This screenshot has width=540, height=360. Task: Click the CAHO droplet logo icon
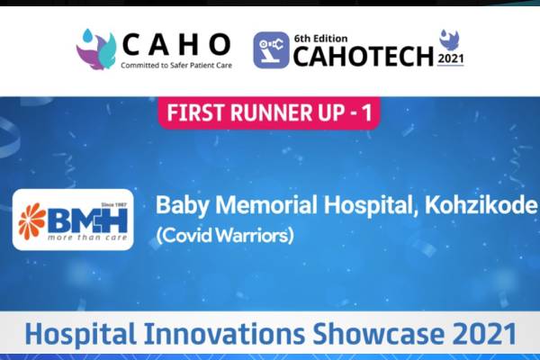point(96,49)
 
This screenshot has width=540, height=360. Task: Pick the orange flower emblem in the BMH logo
point(34,219)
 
